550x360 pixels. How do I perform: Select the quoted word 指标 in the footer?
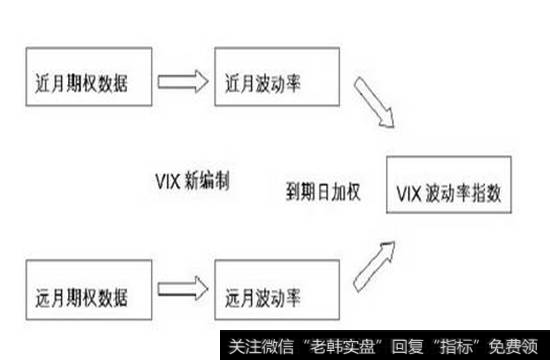pos(456,346)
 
